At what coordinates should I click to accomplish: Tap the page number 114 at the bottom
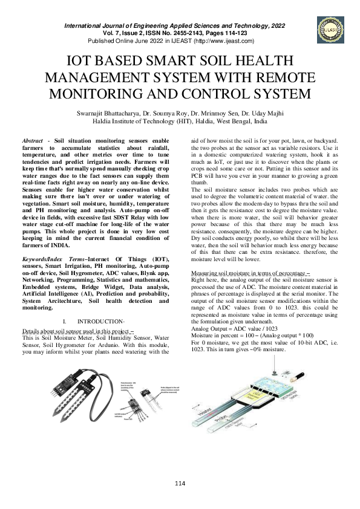[x=180, y=482]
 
